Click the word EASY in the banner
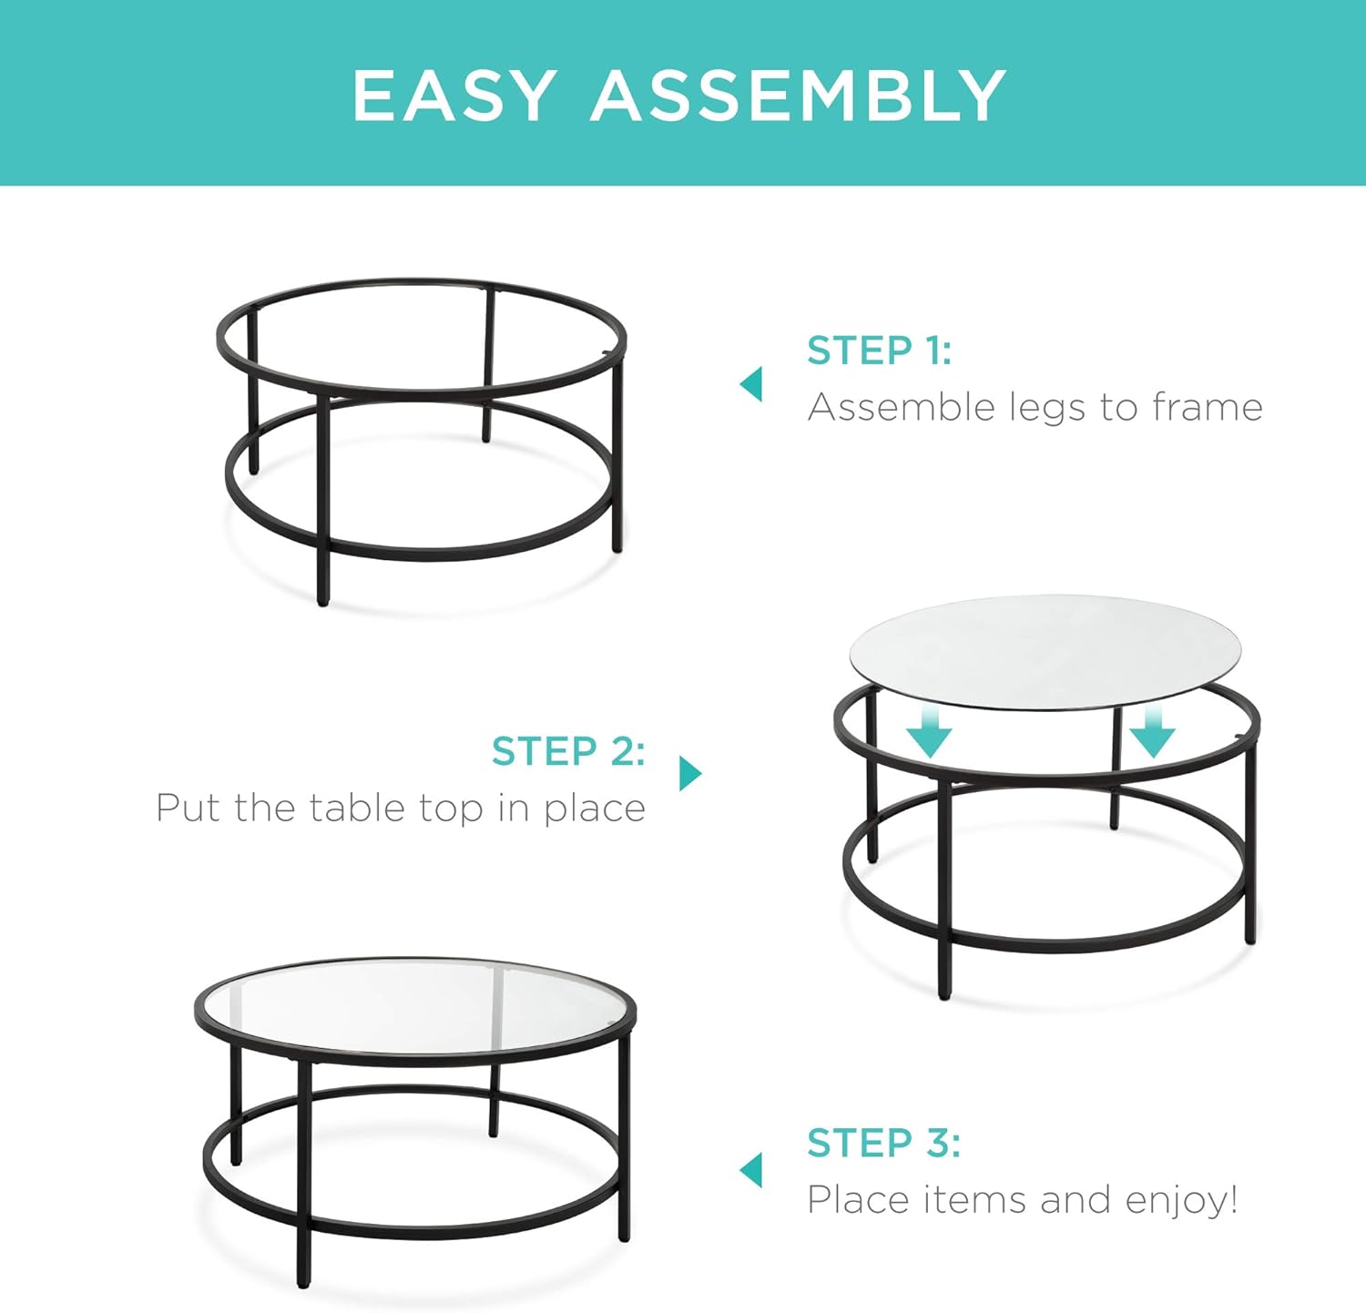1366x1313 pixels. (x=454, y=96)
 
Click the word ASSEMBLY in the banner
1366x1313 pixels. (x=799, y=96)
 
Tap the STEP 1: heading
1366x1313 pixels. (x=879, y=351)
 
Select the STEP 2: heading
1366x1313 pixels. (x=568, y=751)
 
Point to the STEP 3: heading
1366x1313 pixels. (x=882, y=1143)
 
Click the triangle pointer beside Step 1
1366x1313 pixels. (x=751, y=384)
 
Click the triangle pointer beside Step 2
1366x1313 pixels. (x=690, y=773)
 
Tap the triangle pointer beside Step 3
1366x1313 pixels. (x=751, y=1170)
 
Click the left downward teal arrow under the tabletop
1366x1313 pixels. (x=929, y=733)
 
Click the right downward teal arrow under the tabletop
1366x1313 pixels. (x=1153, y=733)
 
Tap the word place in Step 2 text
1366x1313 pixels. (x=594, y=809)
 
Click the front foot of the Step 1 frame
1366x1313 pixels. (x=322, y=596)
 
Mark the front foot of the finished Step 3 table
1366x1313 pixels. (x=303, y=1279)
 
